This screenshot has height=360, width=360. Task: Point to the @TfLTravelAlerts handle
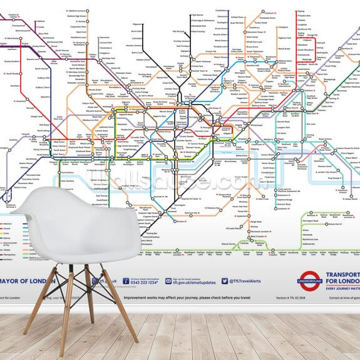[x=245, y=282]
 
